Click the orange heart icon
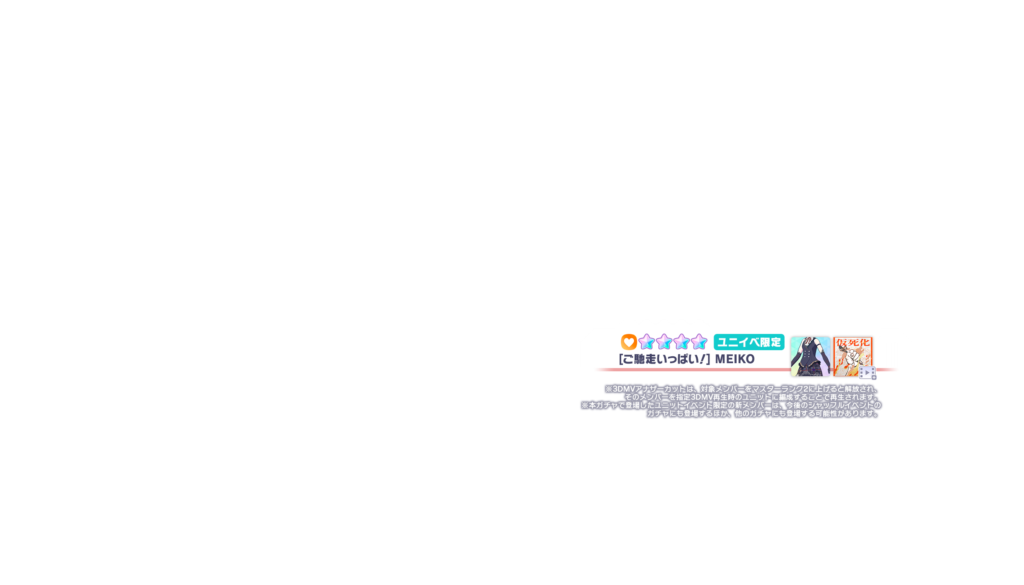pos(629,342)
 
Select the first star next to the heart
pos(646,342)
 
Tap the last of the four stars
pos(699,342)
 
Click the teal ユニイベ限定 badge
pos(749,342)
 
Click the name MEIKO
pos(735,359)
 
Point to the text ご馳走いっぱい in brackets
pos(664,359)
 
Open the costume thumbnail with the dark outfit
pos(810,356)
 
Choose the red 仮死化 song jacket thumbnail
pos(853,356)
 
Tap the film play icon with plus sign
pos(867,373)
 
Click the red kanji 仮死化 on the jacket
pos(853,342)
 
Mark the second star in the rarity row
pos(664,342)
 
